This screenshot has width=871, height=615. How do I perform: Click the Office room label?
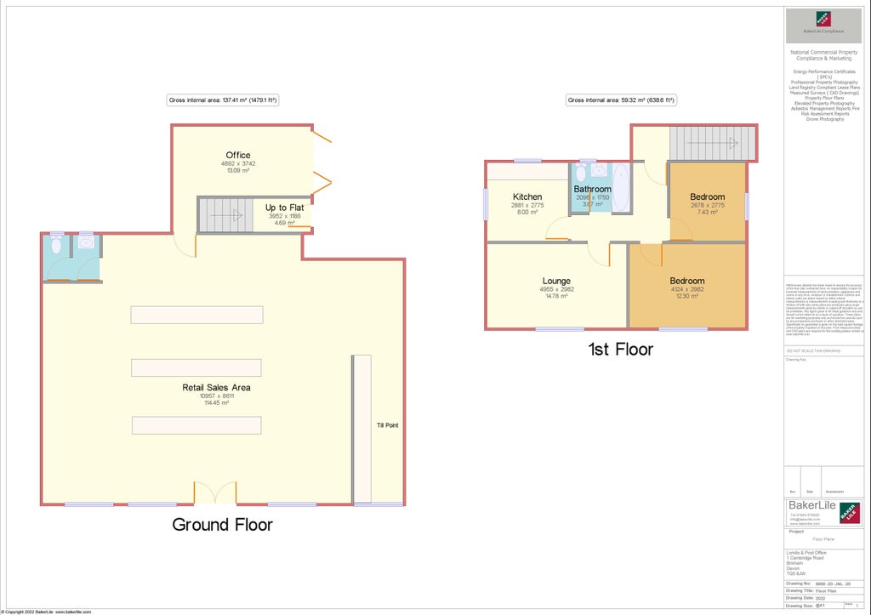coord(238,155)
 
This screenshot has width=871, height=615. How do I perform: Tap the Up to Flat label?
coord(283,208)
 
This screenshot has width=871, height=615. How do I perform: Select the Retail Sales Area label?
coord(216,388)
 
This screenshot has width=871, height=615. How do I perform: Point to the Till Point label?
coord(388,424)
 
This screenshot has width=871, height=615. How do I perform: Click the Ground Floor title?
coord(223,525)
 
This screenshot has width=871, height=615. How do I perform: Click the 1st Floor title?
coord(620,349)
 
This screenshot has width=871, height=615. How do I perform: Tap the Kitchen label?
coord(527,197)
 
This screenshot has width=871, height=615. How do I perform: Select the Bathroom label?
coord(592,189)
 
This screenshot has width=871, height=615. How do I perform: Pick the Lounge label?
coord(556,281)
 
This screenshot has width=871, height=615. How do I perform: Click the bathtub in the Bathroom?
coord(621,189)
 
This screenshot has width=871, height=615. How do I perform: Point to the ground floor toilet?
coord(56,246)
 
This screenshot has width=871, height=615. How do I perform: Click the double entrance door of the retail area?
coord(214,493)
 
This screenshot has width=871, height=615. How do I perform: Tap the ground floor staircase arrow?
coord(226,216)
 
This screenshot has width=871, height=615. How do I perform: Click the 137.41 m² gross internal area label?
coord(223,100)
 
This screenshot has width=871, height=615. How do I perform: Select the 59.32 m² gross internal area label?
coord(621,100)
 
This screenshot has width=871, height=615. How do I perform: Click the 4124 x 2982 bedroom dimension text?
coord(686,289)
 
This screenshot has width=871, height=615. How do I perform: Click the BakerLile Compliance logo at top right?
coord(823,23)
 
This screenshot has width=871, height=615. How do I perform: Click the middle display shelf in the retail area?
coord(196,367)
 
